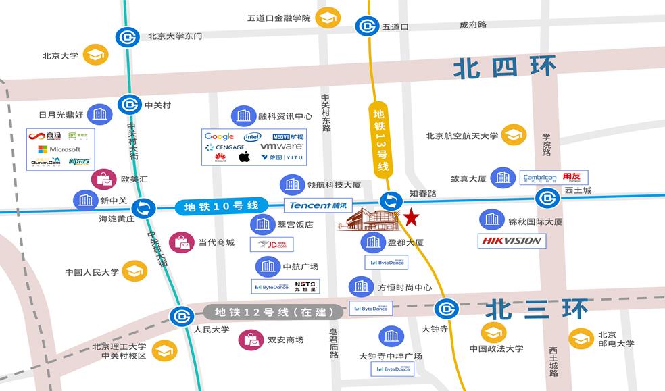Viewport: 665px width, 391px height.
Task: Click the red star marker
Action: click(411, 217)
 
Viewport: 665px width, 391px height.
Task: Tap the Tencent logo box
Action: click(318, 205)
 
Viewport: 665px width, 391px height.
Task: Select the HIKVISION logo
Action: click(512, 240)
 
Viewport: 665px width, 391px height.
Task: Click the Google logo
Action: click(219, 137)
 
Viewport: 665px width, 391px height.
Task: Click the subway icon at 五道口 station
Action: click(366, 27)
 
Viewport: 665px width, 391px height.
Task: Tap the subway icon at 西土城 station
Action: click(547, 198)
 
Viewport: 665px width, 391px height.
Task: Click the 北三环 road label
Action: click(537, 309)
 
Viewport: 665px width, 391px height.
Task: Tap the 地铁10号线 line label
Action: click(221, 206)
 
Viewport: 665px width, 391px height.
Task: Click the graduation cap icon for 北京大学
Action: click(95, 55)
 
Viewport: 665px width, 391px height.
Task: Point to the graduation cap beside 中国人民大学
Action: click(134, 271)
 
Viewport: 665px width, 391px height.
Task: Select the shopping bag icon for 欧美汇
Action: click(103, 180)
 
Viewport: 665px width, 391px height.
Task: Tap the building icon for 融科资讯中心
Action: click(243, 116)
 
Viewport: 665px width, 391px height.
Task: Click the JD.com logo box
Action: click(272, 244)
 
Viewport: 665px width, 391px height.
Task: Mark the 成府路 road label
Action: click(473, 25)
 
